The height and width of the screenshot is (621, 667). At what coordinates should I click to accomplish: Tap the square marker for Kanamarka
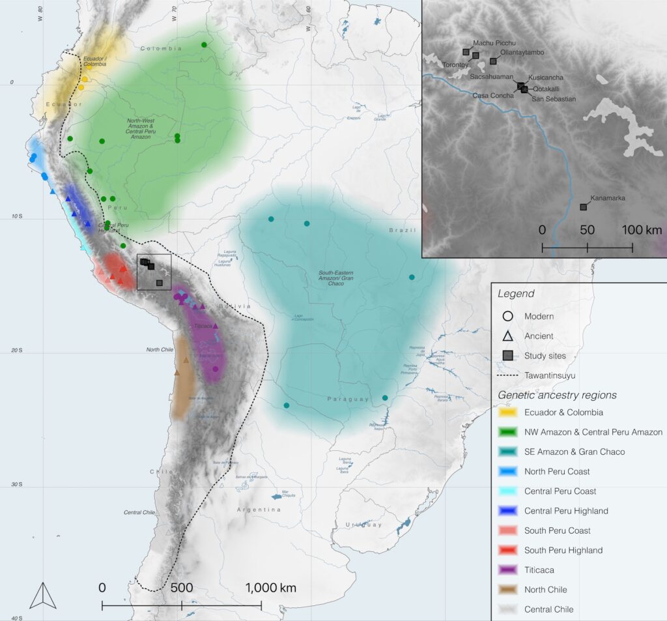(583, 207)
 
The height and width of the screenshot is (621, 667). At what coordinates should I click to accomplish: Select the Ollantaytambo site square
(493, 61)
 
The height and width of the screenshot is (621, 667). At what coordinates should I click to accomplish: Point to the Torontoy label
(456, 65)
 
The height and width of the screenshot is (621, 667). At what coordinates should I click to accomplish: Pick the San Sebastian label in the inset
(554, 99)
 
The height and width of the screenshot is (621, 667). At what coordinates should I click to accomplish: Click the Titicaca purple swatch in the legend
(508, 570)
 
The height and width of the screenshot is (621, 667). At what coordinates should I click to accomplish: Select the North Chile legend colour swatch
(508, 590)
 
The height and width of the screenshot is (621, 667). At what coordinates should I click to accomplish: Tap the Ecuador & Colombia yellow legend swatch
(508, 412)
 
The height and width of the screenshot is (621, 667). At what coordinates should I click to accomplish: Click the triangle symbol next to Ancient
(508, 336)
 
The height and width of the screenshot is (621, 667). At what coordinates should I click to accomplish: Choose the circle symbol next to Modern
(508, 317)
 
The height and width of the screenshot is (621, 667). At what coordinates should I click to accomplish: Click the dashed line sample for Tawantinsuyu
(508, 375)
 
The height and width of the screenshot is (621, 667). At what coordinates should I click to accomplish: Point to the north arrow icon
(43, 594)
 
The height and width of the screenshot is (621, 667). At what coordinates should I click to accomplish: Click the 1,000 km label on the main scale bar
(270, 588)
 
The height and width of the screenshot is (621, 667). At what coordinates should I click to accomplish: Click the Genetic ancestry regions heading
(558, 395)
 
